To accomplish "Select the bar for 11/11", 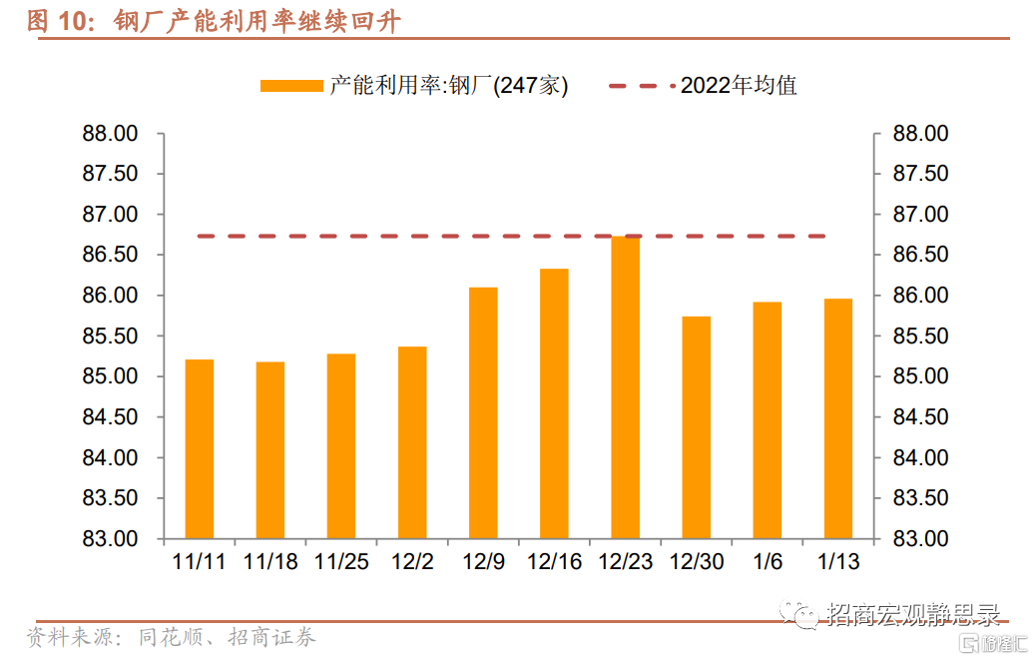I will click(x=200, y=449).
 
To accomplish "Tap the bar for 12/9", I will click(x=483, y=413).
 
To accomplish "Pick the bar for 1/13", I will click(x=838, y=419).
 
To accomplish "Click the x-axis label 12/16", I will click(x=554, y=562).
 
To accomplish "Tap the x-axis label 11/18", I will click(x=270, y=562).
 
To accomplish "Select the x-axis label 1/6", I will click(x=768, y=562).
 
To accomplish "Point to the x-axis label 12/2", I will click(x=412, y=562).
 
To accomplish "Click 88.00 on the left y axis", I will click(x=110, y=134).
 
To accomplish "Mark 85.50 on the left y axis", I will click(x=110, y=336).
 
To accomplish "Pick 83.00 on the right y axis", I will click(x=921, y=539).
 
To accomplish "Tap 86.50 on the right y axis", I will click(x=921, y=256).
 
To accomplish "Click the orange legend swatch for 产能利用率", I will click(x=291, y=86).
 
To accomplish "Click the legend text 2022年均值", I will click(x=739, y=86).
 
